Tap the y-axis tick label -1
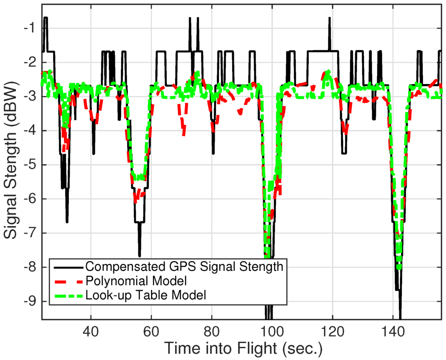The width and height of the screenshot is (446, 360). pyautogui.click(x=30, y=28)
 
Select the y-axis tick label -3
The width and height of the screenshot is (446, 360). pyautogui.click(x=30, y=96)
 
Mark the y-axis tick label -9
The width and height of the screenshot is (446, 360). pyautogui.click(x=30, y=302)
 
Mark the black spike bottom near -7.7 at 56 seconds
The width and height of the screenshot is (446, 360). pyautogui.click(x=139, y=256)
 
